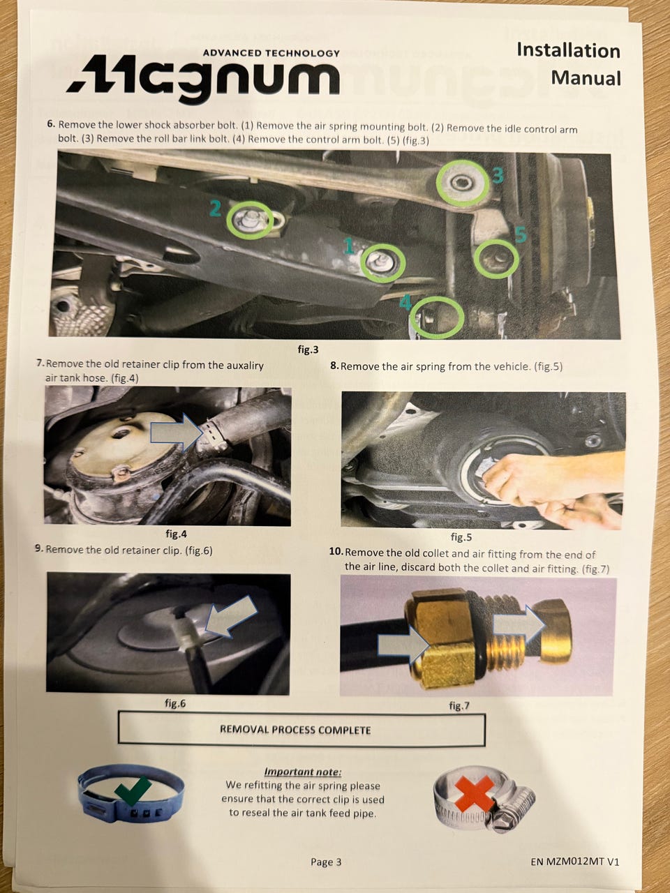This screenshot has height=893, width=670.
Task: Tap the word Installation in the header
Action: tap(568, 50)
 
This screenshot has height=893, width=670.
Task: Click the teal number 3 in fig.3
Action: tap(498, 175)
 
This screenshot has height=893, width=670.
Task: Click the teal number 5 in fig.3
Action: tap(521, 234)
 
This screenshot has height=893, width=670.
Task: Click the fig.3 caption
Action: tap(308, 350)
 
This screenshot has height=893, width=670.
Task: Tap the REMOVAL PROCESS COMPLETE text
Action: tap(295, 730)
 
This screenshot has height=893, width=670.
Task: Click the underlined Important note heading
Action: tap(303, 772)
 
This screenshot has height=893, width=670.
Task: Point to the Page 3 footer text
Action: tap(326, 862)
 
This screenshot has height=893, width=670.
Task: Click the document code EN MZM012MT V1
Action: tap(575, 862)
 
